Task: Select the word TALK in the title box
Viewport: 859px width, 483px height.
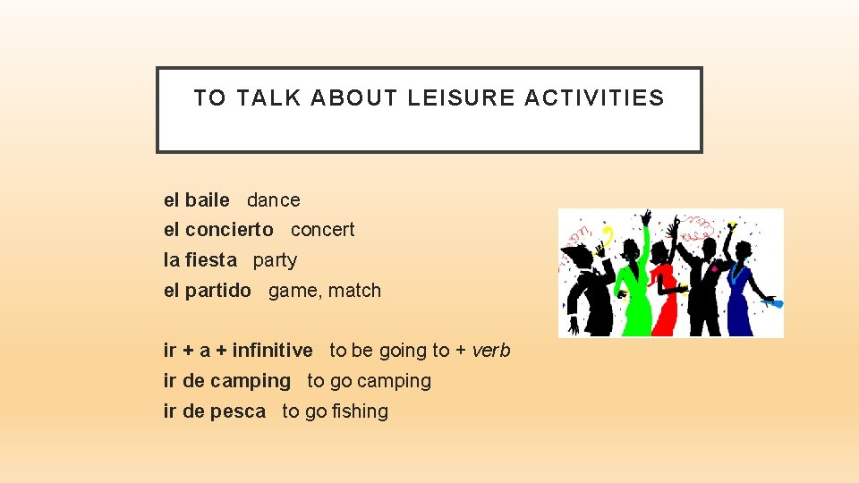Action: (268, 98)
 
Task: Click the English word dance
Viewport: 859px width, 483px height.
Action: (274, 200)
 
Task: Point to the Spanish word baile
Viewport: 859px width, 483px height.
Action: (208, 200)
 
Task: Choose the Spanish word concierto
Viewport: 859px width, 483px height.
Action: (229, 230)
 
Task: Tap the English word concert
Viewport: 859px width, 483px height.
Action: (322, 230)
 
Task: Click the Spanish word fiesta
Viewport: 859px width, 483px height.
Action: (212, 260)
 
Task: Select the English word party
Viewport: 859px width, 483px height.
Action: (275, 260)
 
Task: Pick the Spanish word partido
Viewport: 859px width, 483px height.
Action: (217, 291)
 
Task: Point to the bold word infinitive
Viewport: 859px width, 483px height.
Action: (272, 351)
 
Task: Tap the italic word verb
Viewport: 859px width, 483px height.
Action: (491, 351)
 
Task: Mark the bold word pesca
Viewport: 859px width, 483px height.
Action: (238, 411)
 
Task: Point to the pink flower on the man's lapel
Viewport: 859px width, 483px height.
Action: (714, 267)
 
